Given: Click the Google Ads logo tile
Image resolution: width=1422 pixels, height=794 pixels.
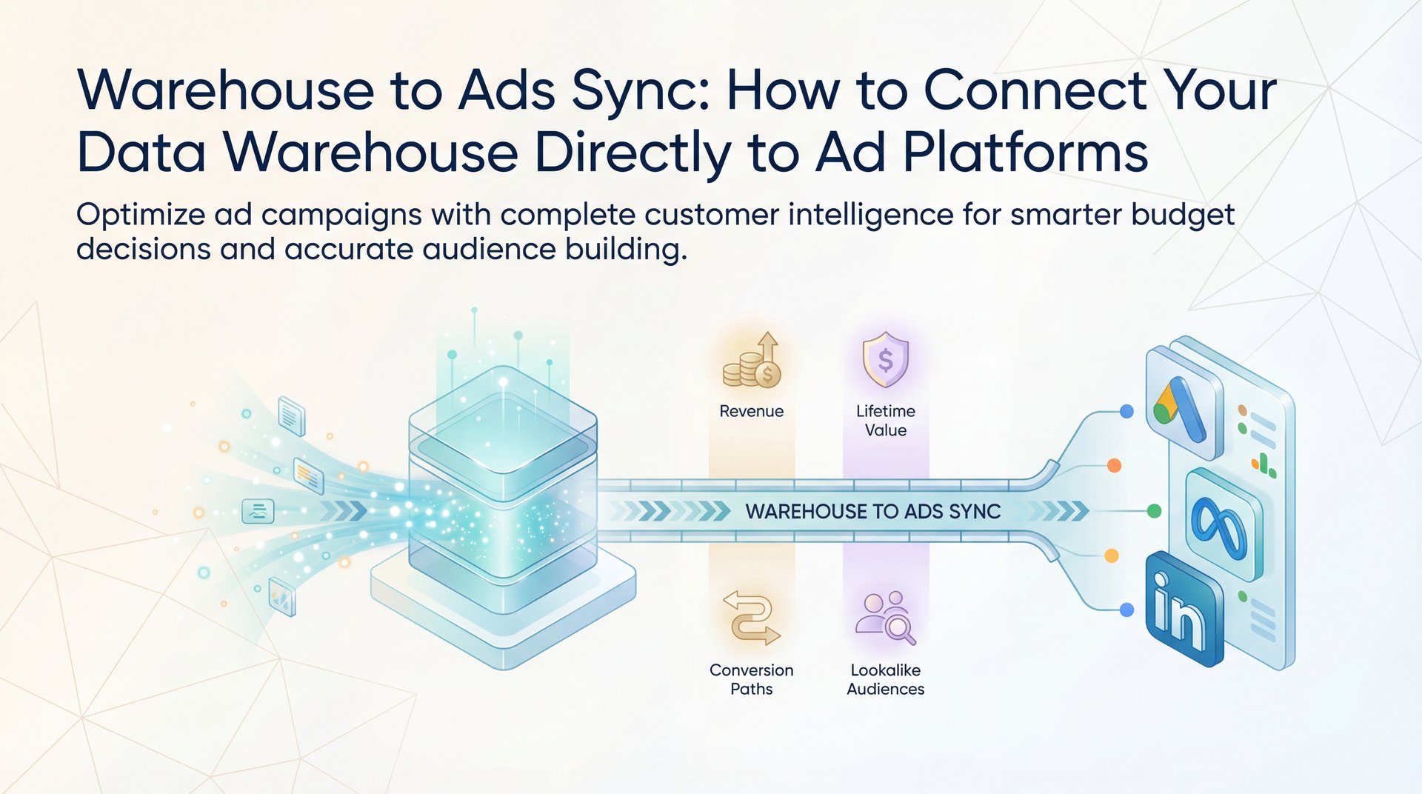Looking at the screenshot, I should coord(1184,406).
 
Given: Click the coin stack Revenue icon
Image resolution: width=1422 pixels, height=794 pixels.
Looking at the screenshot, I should coord(752,363).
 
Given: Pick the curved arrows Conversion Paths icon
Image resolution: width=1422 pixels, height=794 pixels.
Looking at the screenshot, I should coord(751,618).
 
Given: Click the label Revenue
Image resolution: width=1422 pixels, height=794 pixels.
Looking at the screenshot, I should coord(751,411).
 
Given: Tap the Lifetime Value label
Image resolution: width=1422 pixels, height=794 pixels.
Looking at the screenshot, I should coord(885,421).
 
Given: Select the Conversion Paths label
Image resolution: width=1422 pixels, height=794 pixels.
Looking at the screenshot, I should coord(751,679).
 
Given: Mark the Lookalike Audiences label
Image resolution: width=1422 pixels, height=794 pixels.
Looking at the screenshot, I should coord(885,679).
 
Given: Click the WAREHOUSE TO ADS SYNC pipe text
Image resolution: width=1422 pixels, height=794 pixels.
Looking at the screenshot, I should coord(872,511).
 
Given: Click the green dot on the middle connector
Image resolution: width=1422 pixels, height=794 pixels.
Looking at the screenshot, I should coord(1153,511).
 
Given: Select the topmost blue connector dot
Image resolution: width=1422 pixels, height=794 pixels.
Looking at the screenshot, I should coord(1126,411).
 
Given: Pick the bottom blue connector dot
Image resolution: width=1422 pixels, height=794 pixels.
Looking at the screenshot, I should coord(1126,610).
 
